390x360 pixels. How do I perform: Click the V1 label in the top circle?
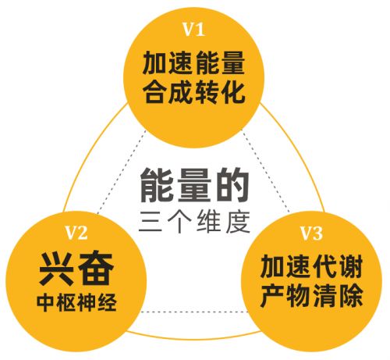[194, 29]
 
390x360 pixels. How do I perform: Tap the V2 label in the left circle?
[76, 232]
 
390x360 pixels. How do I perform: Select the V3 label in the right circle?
[311, 233]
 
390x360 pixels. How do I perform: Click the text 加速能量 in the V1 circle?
[193, 63]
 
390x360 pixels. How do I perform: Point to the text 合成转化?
[193, 92]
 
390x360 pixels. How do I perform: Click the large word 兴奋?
[76, 269]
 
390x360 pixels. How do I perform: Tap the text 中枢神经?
[76, 303]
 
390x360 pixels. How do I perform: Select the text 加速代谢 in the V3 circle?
[311, 267]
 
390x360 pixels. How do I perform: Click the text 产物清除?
[311, 296]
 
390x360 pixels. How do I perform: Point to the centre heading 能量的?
[194, 185]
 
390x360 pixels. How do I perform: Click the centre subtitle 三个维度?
[194, 222]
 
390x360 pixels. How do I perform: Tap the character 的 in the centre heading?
[232, 185]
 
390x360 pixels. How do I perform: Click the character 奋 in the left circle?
[96, 269]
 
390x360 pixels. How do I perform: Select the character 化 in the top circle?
[233, 92]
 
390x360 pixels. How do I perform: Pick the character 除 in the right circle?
[351, 296]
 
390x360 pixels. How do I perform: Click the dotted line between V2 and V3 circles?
[193, 312]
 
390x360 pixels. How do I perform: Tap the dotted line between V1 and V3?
[266, 170]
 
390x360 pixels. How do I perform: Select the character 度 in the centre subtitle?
[238, 222]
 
